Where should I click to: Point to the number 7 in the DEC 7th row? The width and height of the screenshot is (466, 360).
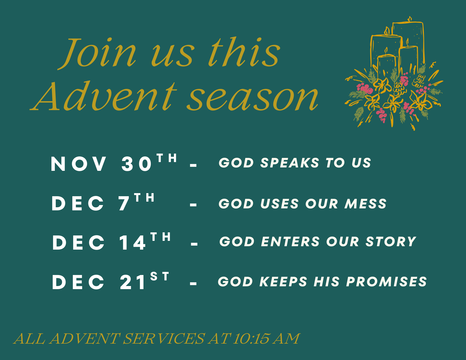pos(124,204)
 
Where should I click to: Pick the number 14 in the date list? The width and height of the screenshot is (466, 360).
pos(132,243)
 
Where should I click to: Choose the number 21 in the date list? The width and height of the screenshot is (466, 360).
pos(132,282)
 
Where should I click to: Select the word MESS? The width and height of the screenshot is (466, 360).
pos(365,204)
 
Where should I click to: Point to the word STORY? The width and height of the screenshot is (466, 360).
pos(391,241)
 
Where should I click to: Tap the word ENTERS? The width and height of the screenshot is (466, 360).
pos(290,241)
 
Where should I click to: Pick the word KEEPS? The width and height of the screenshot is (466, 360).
pos(283,282)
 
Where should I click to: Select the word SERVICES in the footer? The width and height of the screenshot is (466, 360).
pos(164,339)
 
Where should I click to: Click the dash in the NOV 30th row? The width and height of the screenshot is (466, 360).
pos(193,165)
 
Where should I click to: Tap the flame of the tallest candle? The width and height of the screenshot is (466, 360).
pos(410,19)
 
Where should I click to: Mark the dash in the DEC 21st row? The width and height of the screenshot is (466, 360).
pos(193,284)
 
